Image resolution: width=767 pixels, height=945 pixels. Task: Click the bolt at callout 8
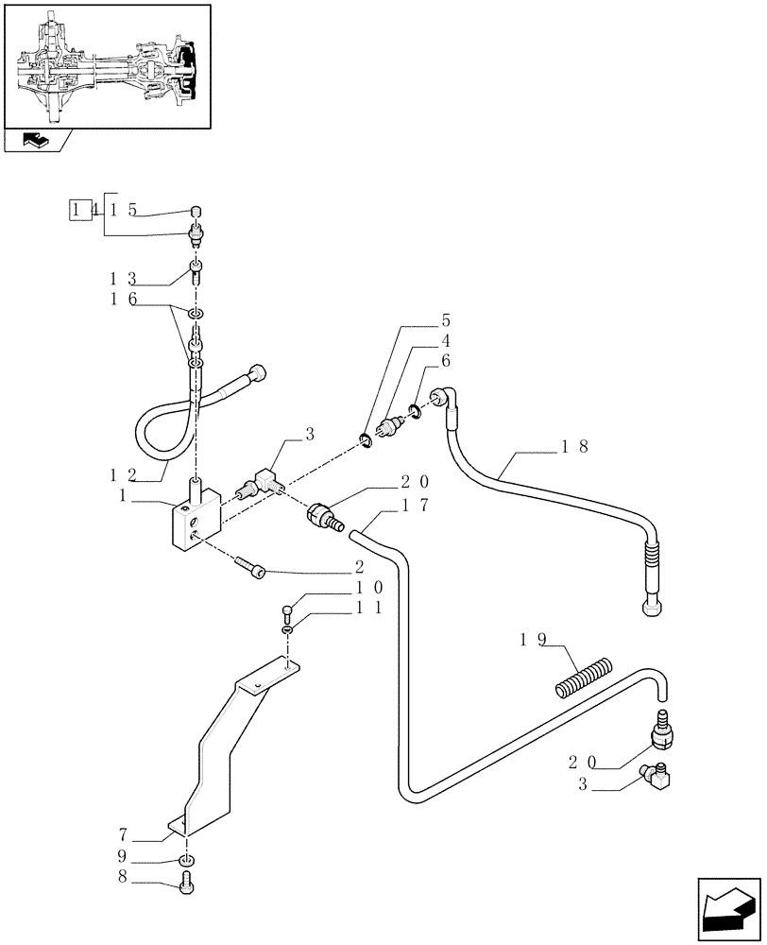[x=185, y=884]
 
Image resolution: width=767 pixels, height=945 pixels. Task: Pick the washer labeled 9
[x=187, y=861]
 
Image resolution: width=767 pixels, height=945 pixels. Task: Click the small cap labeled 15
[x=196, y=211]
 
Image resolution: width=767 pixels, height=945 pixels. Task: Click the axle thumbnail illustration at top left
[x=106, y=65]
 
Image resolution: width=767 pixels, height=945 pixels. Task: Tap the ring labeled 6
[x=415, y=409]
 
